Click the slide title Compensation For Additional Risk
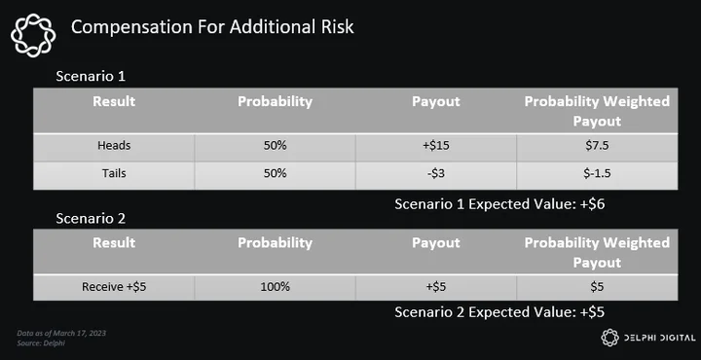click(x=212, y=27)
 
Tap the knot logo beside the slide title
click(x=33, y=35)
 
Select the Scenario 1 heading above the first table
click(x=91, y=76)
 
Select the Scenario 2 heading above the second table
click(x=91, y=218)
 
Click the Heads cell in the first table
click(x=114, y=146)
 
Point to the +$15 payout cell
click(x=436, y=146)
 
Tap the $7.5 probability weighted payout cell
click(x=597, y=146)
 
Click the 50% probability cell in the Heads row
click(x=275, y=146)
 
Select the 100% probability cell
click(x=275, y=287)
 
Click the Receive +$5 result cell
click(x=114, y=287)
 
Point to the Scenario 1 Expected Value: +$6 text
click(x=499, y=204)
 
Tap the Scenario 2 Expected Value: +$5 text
click(x=499, y=312)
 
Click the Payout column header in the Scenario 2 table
click(x=436, y=242)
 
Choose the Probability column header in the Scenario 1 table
click(x=275, y=101)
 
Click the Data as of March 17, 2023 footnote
click(x=61, y=333)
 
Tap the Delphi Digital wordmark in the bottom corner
click(x=659, y=339)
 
